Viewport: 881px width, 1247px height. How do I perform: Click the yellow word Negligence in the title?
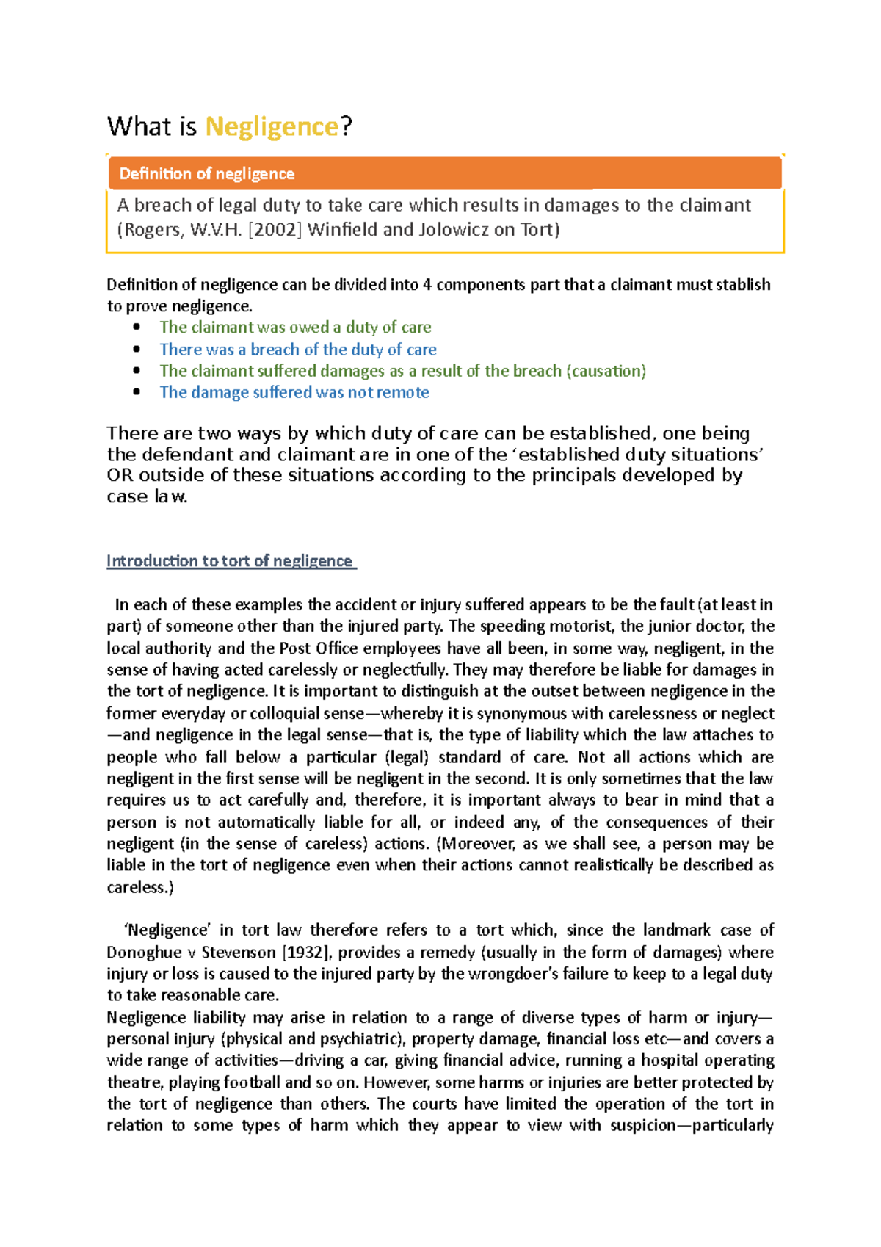pyautogui.click(x=271, y=127)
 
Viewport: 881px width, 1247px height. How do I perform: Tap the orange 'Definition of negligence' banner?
pyautogui.click(x=444, y=174)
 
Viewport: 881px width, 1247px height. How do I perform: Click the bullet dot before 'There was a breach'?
pyautogui.click(x=137, y=350)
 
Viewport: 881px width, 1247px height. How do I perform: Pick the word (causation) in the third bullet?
pyautogui.click(x=606, y=371)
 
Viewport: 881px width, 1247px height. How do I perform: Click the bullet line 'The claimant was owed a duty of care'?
pyautogui.click(x=295, y=328)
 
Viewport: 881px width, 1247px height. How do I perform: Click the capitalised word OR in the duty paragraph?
pyautogui.click(x=120, y=475)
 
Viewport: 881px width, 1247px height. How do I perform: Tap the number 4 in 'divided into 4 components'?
pyautogui.click(x=427, y=285)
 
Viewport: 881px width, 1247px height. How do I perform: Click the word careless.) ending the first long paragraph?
pyautogui.click(x=139, y=887)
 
